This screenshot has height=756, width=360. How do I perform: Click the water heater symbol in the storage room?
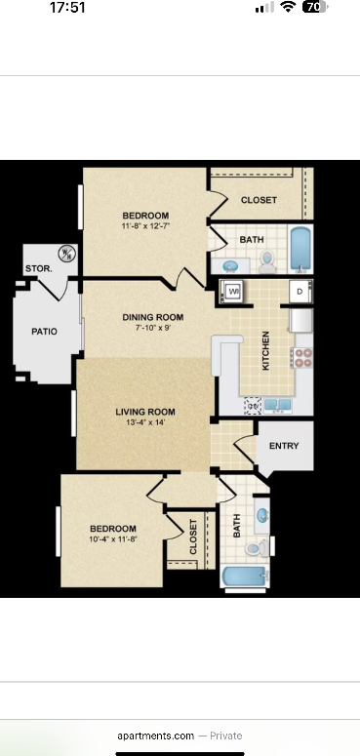click(66, 254)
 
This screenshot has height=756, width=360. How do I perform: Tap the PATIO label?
click(44, 332)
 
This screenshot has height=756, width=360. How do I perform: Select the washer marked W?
click(233, 291)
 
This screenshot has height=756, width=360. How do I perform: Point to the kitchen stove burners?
click(302, 357)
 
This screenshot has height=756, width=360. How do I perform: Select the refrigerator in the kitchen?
click(301, 320)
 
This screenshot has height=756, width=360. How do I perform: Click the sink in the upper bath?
click(231, 265)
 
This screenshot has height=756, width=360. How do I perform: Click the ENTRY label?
click(284, 446)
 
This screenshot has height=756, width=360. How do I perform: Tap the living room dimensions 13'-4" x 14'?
click(144, 423)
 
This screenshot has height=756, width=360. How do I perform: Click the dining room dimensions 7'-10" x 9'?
click(153, 328)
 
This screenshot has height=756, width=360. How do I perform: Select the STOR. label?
click(37, 267)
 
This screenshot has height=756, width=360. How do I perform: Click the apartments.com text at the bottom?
click(156, 736)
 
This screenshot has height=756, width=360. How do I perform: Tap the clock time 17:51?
click(67, 8)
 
